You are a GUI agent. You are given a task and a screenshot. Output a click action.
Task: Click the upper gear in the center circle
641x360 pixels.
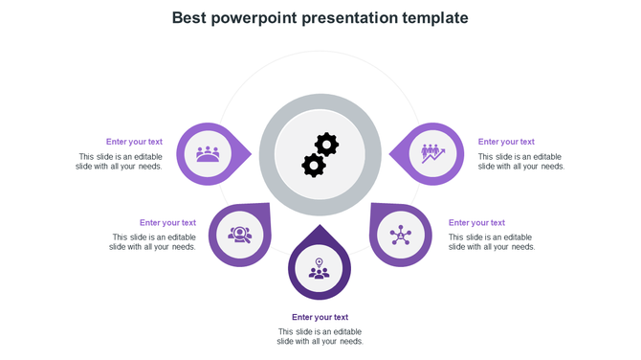pyautogui.click(x=327, y=145)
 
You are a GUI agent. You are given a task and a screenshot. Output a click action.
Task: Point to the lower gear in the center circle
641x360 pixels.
pyautogui.click(x=313, y=165)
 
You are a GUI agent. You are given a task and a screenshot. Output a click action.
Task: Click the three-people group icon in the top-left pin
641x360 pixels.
pyautogui.click(x=208, y=153)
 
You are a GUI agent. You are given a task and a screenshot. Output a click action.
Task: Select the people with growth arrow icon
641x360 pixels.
pyautogui.click(x=432, y=153)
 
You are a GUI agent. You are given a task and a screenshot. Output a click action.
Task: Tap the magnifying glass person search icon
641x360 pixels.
pyautogui.click(x=240, y=234)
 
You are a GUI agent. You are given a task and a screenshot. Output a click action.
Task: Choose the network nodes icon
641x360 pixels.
pyautogui.click(x=400, y=235)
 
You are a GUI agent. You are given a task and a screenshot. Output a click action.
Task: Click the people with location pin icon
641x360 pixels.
pyautogui.click(x=320, y=269)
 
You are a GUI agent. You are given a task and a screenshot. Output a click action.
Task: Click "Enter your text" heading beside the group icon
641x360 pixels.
pyautogui.click(x=134, y=142)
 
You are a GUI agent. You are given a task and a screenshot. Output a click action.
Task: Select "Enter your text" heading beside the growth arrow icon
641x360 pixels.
pyautogui.click(x=506, y=142)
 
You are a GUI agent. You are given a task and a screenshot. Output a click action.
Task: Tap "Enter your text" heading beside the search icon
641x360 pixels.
pyautogui.click(x=167, y=223)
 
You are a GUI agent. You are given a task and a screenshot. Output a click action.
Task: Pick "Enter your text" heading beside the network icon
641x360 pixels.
pyautogui.click(x=476, y=223)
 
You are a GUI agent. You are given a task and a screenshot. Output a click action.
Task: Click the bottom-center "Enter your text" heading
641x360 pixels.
pyautogui.click(x=320, y=317)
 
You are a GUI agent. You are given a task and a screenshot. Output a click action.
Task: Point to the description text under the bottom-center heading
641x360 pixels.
pyautogui.click(x=320, y=336)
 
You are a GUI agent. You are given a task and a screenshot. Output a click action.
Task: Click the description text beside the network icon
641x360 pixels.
pyautogui.click(x=491, y=242)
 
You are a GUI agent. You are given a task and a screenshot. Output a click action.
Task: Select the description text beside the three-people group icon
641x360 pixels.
pyautogui.click(x=121, y=162)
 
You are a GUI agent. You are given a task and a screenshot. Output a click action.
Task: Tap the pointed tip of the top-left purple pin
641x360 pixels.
pyautogui.click(x=251, y=153)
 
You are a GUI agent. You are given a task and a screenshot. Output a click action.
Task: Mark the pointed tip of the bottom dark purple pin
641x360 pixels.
pyautogui.click(x=320, y=227)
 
